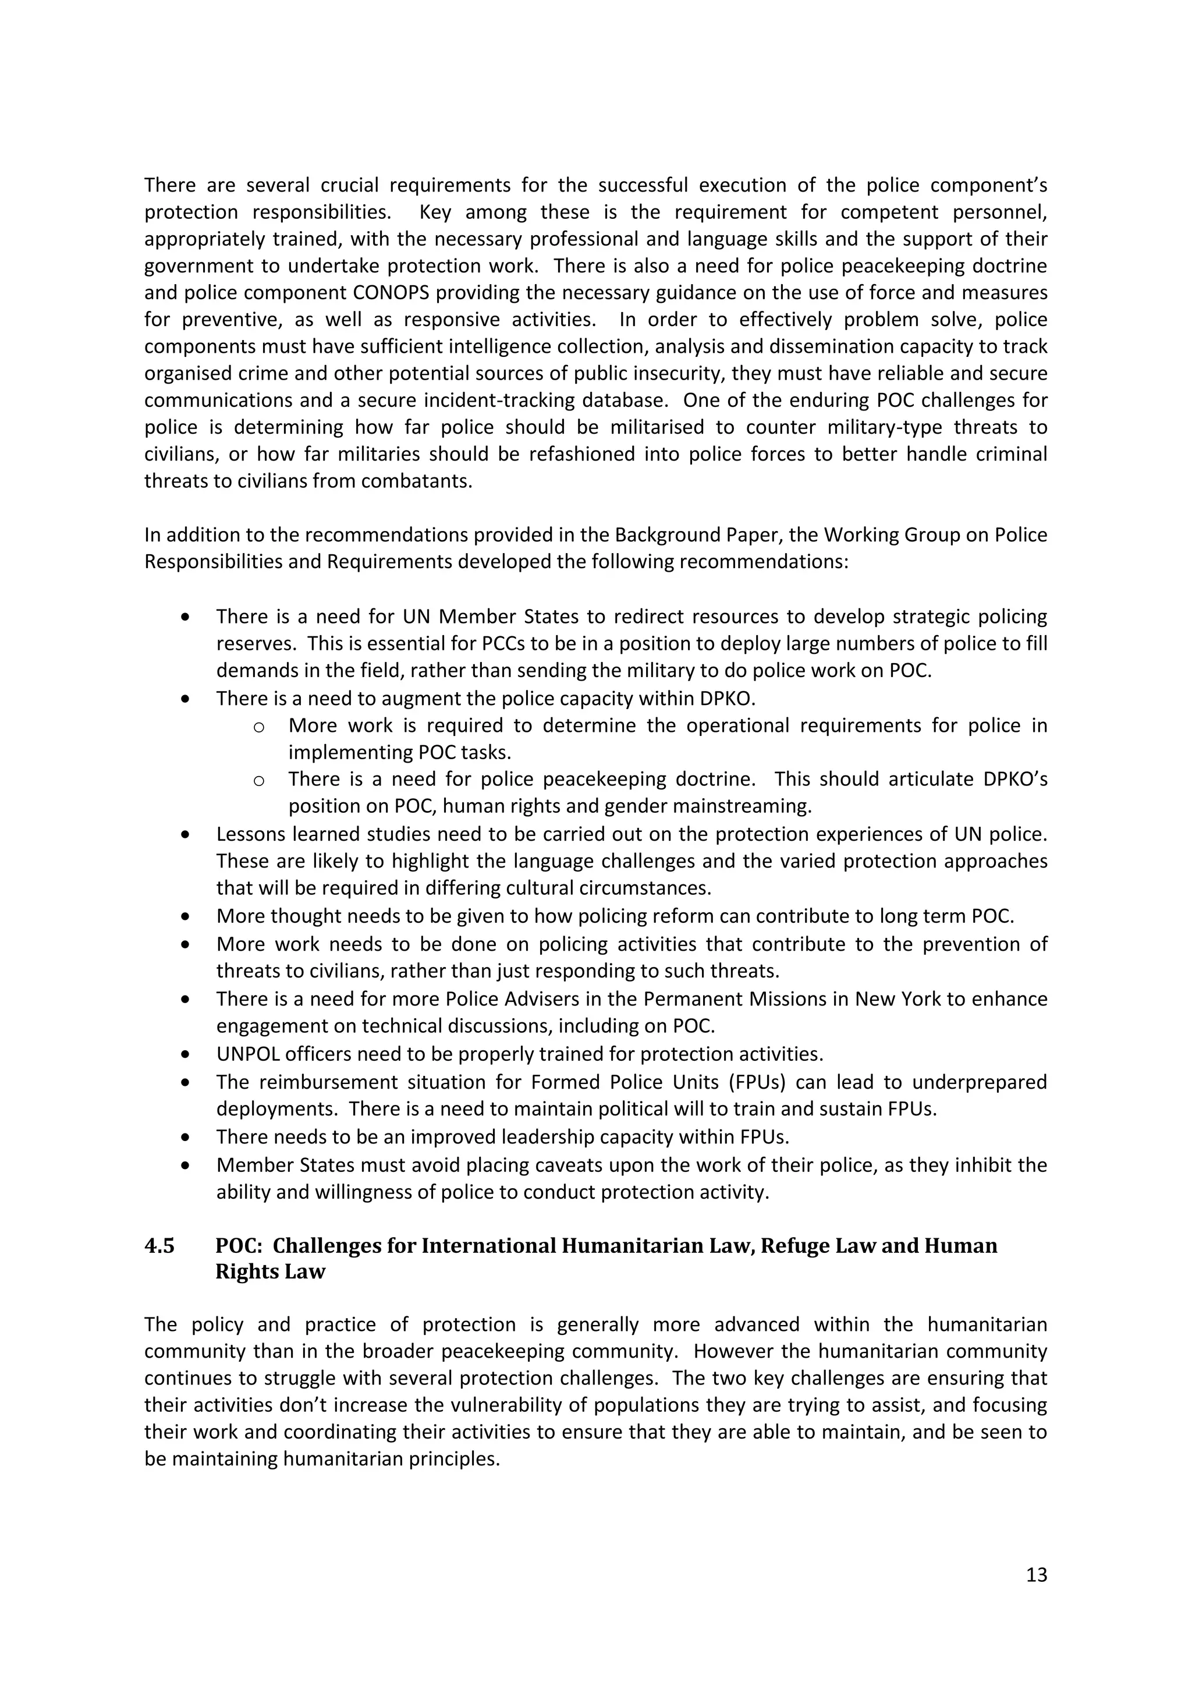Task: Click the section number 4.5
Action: click(159, 1246)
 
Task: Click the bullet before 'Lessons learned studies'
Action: click(186, 835)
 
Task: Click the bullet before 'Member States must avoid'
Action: click(186, 1166)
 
